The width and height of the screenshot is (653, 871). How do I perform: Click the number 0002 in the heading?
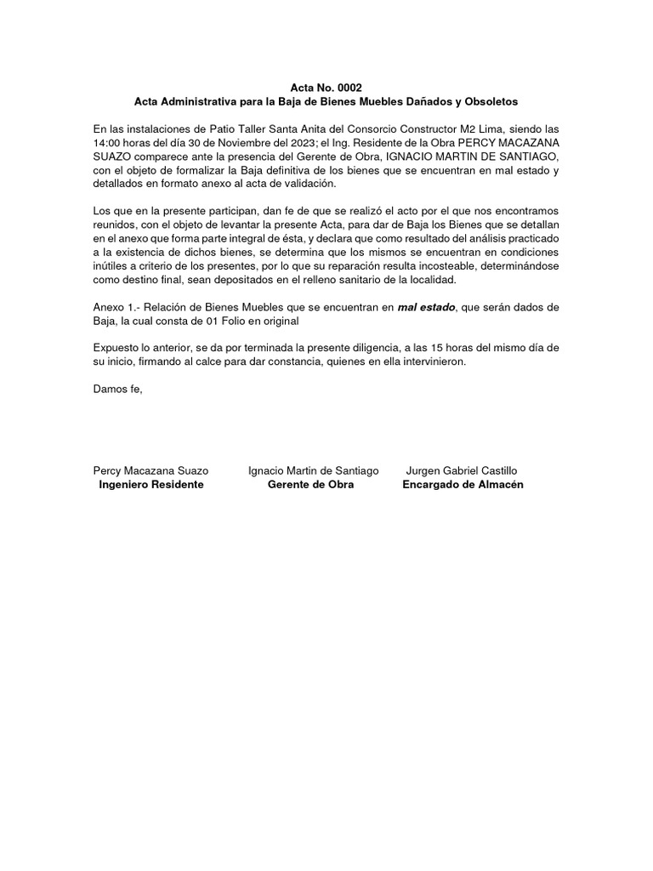[x=347, y=88]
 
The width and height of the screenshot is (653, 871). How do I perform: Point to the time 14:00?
[x=108, y=143]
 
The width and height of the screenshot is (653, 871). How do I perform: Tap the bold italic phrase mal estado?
[x=427, y=307]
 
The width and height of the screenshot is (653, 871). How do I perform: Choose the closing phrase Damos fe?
[x=118, y=390]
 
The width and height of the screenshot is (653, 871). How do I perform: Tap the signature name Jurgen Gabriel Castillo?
[x=462, y=470]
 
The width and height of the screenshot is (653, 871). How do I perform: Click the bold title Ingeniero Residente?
[x=151, y=484]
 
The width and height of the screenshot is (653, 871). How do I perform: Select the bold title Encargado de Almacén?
[x=463, y=484]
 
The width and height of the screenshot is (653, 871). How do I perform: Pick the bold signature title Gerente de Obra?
[x=310, y=484]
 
